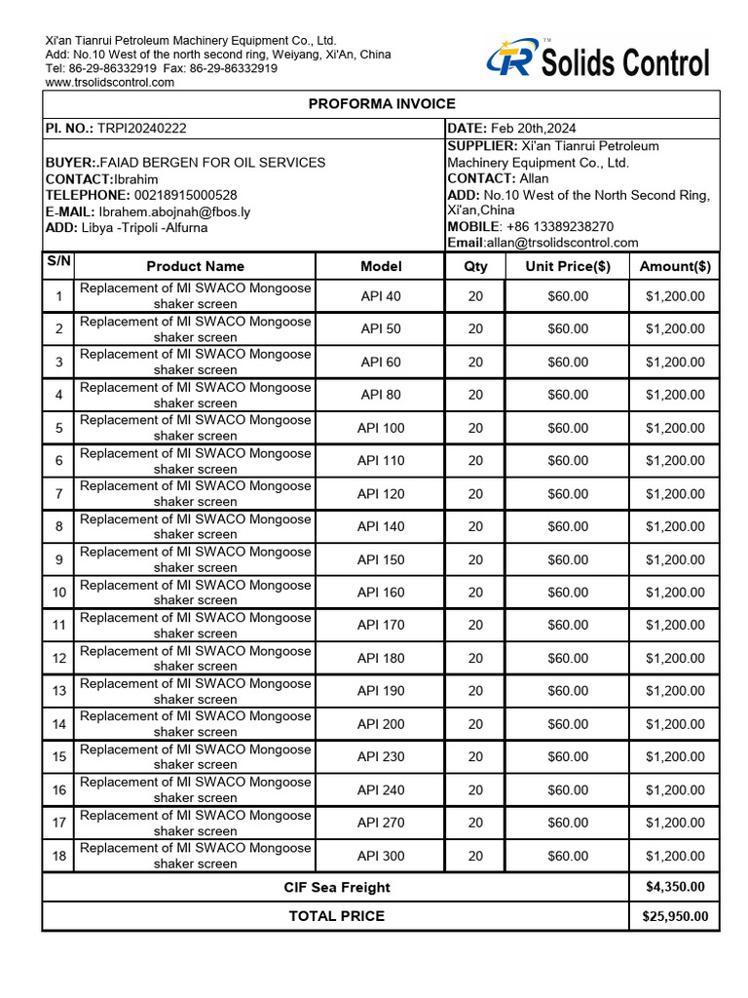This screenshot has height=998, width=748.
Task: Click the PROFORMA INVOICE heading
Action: (x=382, y=104)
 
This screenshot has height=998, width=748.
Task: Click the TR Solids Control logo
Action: (x=598, y=62)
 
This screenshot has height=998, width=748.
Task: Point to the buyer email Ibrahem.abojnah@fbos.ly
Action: (x=174, y=211)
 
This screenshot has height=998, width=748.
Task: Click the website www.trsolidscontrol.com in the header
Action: (x=110, y=83)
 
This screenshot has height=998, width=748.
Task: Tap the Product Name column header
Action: (x=196, y=266)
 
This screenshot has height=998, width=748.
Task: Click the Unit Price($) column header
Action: (x=568, y=266)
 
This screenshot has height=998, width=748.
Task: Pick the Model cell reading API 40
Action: (x=381, y=296)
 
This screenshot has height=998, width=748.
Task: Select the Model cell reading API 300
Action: (x=381, y=856)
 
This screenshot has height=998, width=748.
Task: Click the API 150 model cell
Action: (x=381, y=559)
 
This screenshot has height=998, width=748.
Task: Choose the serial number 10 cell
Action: (x=59, y=593)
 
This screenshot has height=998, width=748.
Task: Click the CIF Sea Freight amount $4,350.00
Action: (x=675, y=887)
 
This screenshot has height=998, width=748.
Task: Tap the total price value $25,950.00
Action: (x=675, y=916)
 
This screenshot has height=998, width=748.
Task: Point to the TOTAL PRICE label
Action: (x=337, y=916)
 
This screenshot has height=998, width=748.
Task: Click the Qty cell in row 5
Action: (x=475, y=428)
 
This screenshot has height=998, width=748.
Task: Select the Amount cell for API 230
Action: (x=675, y=756)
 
